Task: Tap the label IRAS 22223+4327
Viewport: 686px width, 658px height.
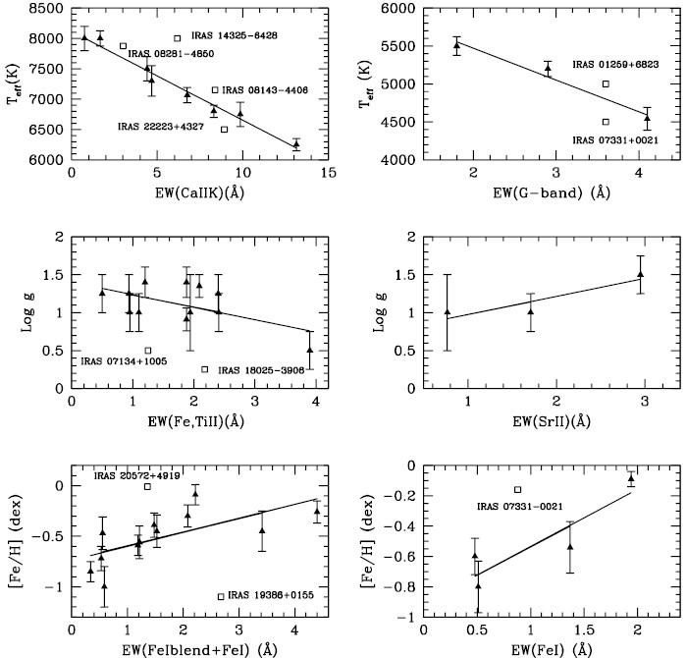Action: pyautogui.click(x=160, y=127)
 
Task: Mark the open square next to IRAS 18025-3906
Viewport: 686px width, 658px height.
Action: pyautogui.click(x=205, y=369)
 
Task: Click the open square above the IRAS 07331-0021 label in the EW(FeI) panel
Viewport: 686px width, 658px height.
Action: pyautogui.click(x=518, y=489)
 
